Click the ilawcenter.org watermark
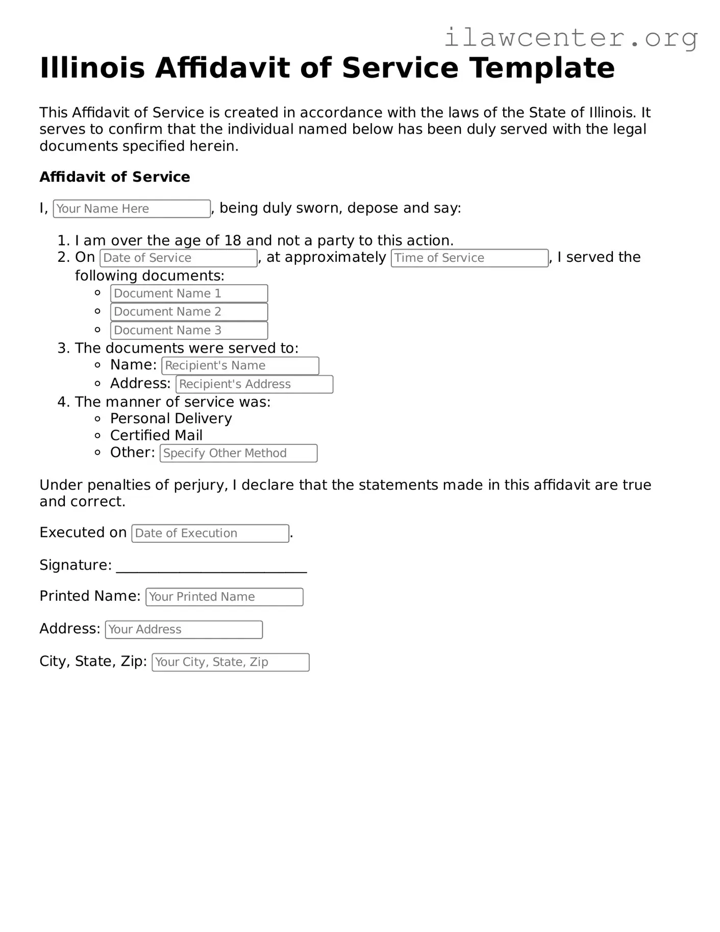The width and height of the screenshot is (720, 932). click(570, 38)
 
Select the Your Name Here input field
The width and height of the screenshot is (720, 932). click(132, 209)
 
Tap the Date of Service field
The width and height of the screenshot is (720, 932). click(178, 258)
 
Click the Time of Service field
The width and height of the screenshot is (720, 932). click(469, 258)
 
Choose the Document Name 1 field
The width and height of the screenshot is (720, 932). click(189, 293)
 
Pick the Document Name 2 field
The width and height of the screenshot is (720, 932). click(189, 312)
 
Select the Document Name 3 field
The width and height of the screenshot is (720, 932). click(189, 330)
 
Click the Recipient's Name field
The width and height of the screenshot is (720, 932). click(240, 365)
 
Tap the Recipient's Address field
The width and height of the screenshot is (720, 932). click(254, 384)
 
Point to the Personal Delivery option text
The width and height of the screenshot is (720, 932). click(171, 419)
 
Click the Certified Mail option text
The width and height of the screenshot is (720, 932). click(156, 435)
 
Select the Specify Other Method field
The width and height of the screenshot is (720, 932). click(238, 453)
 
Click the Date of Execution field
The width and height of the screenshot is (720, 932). click(210, 533)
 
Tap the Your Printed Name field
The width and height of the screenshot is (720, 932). click(225, 597)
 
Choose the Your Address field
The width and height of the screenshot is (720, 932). click(184, 629)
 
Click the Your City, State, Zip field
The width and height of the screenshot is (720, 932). click(230, 662)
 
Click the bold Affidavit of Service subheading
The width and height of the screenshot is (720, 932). click(115, 177)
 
